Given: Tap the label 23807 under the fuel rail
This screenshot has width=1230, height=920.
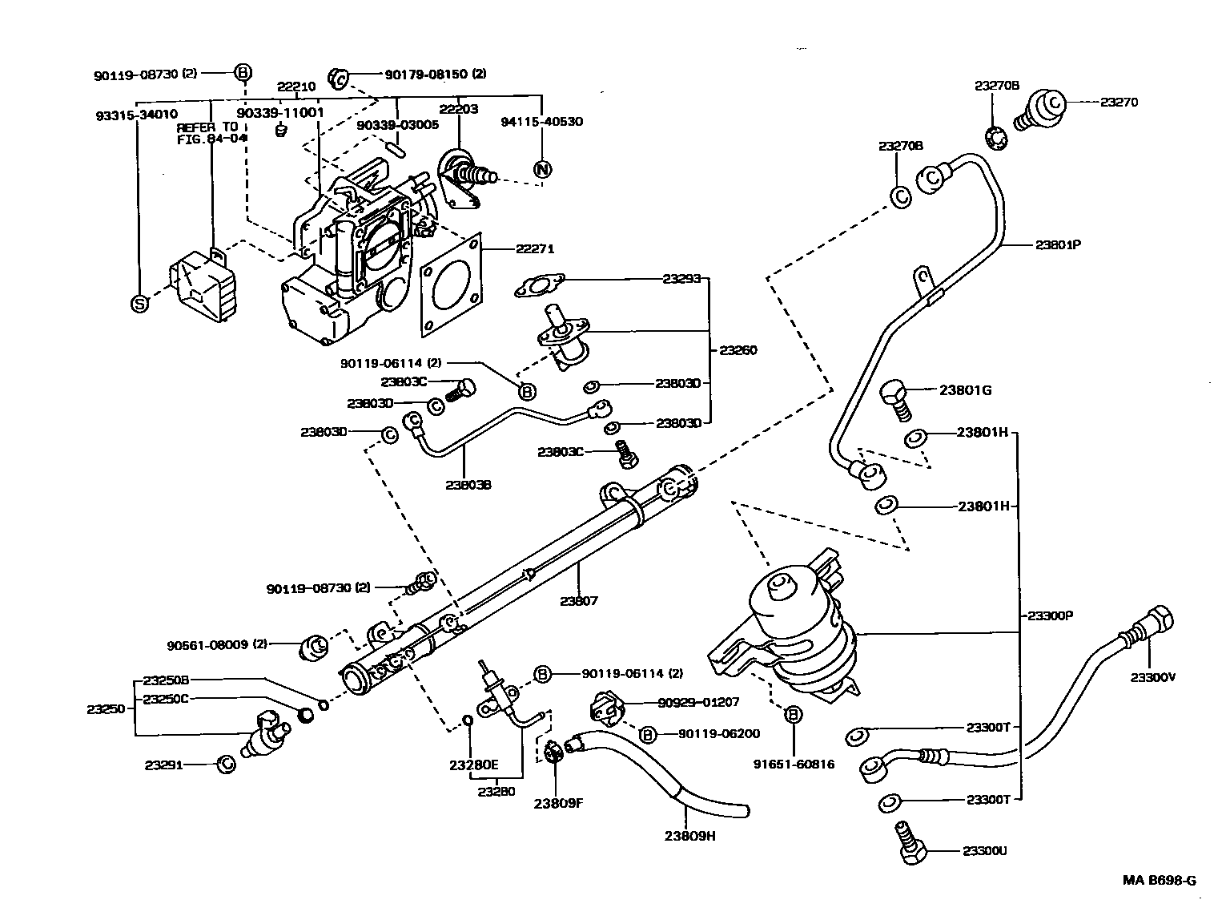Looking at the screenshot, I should (x=579, y=600).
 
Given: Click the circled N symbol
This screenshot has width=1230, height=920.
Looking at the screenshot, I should (x=542, y=169).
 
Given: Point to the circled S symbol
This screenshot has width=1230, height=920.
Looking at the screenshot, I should (x=139, y=304).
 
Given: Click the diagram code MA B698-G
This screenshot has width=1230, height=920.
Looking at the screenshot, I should (x=1159, y=880).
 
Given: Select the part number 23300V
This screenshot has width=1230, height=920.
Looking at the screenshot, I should (x=1152, y=676).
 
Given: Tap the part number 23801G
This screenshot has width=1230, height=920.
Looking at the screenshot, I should (x=965, y=390).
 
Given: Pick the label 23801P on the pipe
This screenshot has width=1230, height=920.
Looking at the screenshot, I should (x=1058, y=244).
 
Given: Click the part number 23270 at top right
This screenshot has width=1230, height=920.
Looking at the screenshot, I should (x=1119, y=102).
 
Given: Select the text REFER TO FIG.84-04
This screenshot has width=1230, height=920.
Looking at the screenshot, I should (x=210, y=133).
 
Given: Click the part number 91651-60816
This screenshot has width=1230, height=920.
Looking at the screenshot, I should (x=794, y=764).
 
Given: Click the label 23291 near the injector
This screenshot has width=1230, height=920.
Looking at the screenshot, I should (x=164, y=765).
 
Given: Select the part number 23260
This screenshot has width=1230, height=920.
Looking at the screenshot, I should (x=738, y=350).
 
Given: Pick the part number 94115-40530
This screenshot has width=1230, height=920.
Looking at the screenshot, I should (x=541, y=122).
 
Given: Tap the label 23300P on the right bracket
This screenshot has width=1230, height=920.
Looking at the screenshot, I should (x=1050, y=615).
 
